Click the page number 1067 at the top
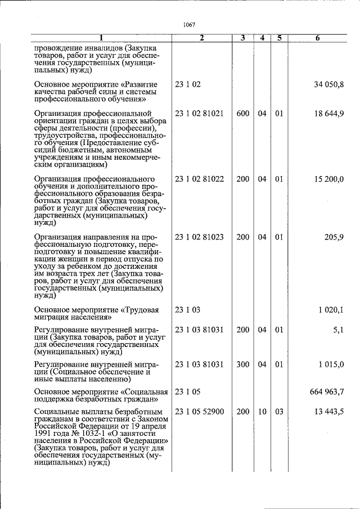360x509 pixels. [189, 25]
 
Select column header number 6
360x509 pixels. [318, 38]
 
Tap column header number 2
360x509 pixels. [201, 38]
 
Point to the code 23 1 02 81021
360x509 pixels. [199, 114]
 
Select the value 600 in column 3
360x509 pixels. [242, 114]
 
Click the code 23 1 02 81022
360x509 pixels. [199, 179]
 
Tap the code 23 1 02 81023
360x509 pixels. [199, 237]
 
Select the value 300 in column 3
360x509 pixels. [242, 364]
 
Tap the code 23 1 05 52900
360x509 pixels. [199, 412]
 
